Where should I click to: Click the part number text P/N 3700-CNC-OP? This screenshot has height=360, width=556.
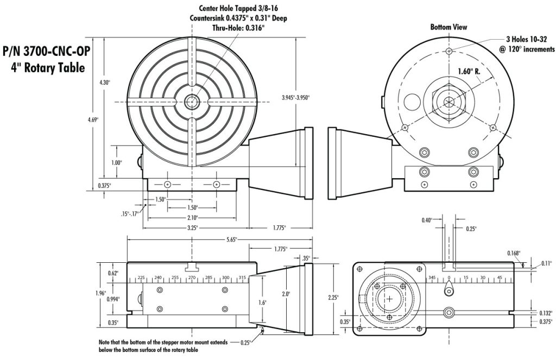coord(46,52)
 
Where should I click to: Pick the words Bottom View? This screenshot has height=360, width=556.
coord(448,27)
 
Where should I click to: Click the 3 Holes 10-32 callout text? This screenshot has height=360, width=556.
coord(525,40)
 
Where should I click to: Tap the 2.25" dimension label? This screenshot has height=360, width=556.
coord(333,297)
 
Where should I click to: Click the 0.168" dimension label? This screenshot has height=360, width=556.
coord(513,252)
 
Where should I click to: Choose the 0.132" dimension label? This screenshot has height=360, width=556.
coord(546,313)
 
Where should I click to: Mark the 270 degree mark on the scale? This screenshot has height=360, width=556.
coord(191,277)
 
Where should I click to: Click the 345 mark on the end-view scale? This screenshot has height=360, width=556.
coord(432,277)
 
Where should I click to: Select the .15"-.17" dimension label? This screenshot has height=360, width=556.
coord(129,213)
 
